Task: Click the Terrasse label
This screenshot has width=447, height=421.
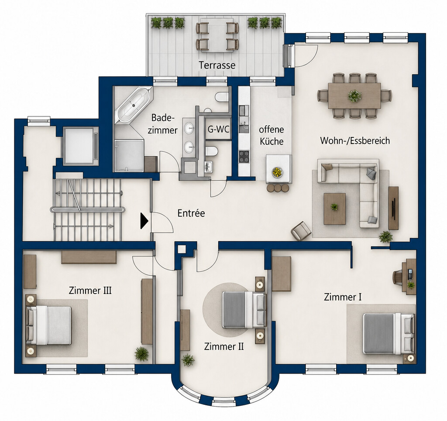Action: [x=217, y=65]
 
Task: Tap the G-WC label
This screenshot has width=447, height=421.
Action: [x=218, y=130]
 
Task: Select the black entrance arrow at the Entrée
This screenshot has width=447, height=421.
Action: [x=144, y=221]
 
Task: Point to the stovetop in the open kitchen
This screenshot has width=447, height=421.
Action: [x=244, y=157]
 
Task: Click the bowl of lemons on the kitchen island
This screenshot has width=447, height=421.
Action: [x=277, y=172]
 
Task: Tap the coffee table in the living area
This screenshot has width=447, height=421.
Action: [x=335, y=209]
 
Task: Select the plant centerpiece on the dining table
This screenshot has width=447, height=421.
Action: [x=354, y=96]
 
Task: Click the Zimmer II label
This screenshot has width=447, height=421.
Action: [x=224, y=347]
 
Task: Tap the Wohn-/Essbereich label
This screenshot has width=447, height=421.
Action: [x=355, y=141]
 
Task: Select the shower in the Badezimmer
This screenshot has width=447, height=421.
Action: [x=129, y=155]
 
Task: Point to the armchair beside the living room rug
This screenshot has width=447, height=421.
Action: [x=301, y=231]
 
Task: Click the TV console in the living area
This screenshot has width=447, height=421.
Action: [x=393, y=208]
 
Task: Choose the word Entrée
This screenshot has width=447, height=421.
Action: [x=191, y=213]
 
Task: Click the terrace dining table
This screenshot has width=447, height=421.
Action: [x=217, y=35]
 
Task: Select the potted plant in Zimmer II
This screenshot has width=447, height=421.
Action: [x=188, y=360]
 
